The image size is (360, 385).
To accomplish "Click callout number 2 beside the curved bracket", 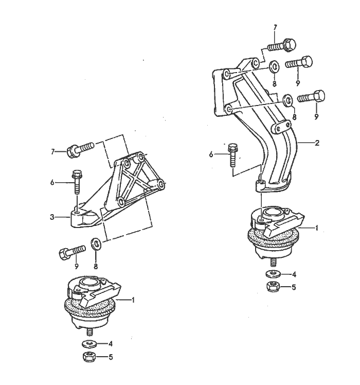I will pos(317,143).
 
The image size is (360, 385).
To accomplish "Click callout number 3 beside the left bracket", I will pos(52,217).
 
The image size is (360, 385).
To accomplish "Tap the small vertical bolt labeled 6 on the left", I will pos(77,181).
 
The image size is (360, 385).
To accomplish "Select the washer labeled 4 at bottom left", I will pos(89,343).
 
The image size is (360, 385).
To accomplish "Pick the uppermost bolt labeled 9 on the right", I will pos(300,63).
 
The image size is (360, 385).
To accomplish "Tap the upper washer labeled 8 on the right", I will pos(274,66).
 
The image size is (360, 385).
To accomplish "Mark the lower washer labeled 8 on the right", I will pos(288,99).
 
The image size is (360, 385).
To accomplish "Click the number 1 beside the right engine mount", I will pos(317,227).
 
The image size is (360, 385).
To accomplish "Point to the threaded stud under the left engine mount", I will pos(89,332).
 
